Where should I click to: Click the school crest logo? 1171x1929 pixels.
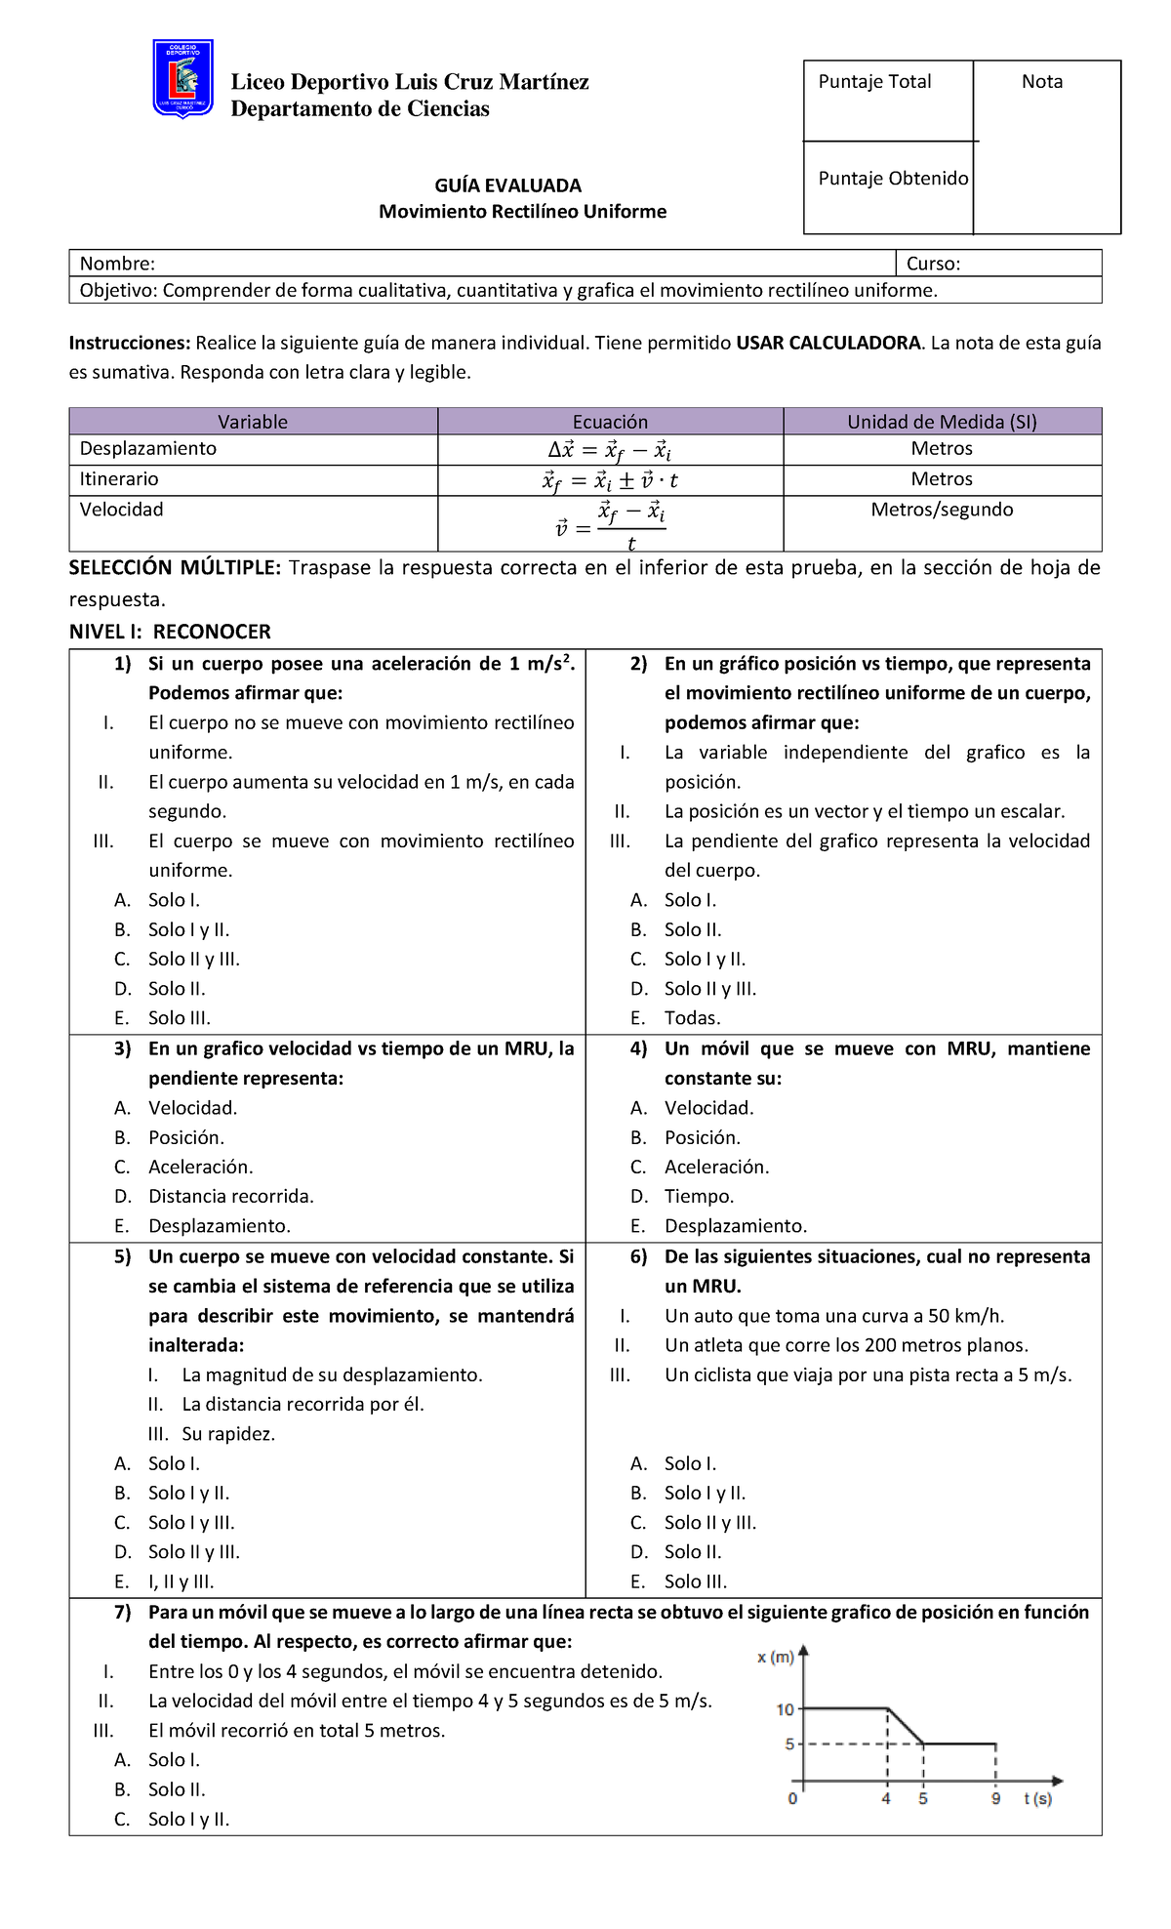183,79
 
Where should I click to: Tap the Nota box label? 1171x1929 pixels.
1041,82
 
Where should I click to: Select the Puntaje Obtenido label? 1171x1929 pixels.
892,179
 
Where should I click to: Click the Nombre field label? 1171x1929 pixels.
117,264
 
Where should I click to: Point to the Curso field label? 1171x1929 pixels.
933,264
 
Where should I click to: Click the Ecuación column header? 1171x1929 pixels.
610,422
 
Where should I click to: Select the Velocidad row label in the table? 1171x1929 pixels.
121,510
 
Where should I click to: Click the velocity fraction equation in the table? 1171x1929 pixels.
610,524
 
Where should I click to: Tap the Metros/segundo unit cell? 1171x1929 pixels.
942,510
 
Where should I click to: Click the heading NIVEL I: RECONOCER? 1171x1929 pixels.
170,632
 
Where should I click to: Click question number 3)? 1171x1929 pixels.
122,1048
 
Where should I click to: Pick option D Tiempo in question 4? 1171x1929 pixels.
699,1196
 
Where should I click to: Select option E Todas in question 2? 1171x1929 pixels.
692,1018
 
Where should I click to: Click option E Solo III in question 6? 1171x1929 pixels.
695,1581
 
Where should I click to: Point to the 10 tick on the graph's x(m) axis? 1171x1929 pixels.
786,1709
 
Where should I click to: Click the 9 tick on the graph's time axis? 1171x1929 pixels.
995,1798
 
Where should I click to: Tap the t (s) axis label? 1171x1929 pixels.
1037,1798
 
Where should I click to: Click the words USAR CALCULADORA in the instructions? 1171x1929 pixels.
828,343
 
